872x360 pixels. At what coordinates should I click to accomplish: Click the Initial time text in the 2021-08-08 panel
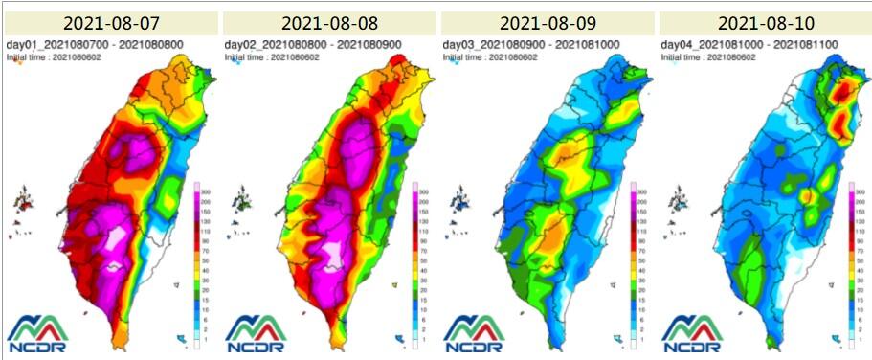point(272,57)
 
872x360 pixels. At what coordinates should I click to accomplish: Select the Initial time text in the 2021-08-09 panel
point(490,57)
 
